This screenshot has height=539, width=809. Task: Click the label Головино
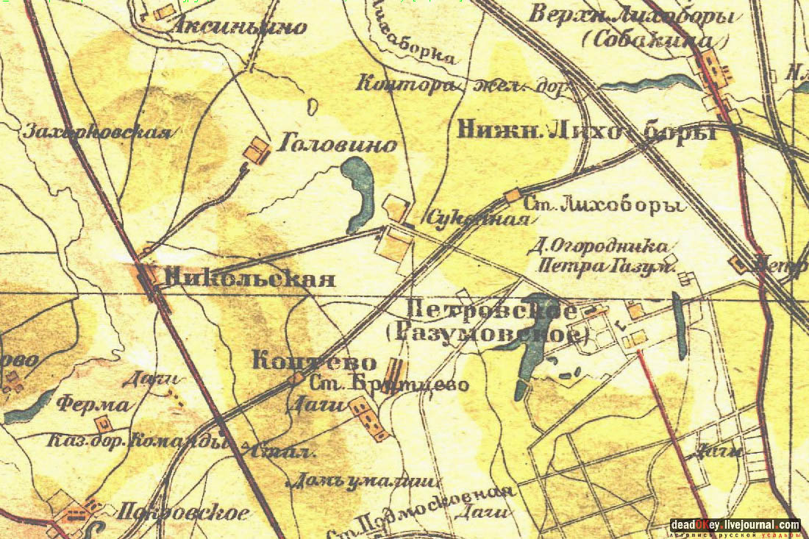(x=337, y=145)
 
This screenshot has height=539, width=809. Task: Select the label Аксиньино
(x=239, y=28)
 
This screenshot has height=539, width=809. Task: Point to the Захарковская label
(x=98, y=132)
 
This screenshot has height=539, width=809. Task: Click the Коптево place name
(x=314, y=362)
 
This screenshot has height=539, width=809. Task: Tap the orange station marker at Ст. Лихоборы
(x=513, y=196)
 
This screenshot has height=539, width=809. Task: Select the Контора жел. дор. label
(x=464, y=85)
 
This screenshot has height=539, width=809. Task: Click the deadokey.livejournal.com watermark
(x=735, y=525)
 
